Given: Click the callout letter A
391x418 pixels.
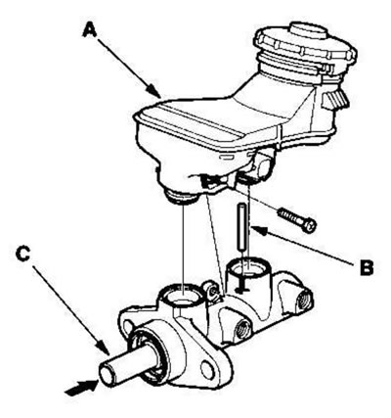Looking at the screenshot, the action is pyautogui.click(x=90, y=29).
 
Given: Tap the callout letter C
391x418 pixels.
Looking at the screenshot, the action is pyautogui.click(x=23, y=254).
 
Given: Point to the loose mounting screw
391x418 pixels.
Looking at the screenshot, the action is pyautogui.click(x=297, y=220).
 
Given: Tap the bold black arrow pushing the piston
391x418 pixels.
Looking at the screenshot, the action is pyautogui.click(x=82, y=387).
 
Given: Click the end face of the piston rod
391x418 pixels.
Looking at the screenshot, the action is pyautogui.click(x=108, y=375).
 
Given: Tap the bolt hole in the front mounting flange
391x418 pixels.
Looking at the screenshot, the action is pyautogui.click(x=207, y=369).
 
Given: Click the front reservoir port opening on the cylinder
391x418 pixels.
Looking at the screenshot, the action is pyautogui.click(x=182, y=295).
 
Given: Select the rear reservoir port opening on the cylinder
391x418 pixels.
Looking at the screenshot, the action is pyautogui.click(x=248, y=265).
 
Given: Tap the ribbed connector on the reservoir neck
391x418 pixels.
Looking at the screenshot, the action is pyautogui.click(x=335, y=99).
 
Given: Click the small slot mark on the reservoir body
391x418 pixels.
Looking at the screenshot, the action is pyautogui.click(x=227, y=158).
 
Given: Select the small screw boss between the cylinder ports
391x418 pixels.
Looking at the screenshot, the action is pyautogui.click(x=212, y=290).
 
